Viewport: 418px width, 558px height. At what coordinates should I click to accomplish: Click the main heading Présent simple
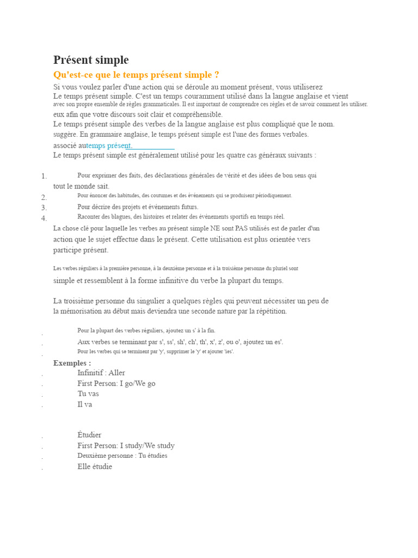point(91,60)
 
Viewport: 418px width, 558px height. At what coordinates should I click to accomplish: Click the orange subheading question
point(136,75)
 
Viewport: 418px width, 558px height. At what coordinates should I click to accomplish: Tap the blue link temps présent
point(109,145)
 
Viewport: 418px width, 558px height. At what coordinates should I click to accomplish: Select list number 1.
point(44,176)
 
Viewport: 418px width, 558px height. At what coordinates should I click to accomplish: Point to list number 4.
point(44,218)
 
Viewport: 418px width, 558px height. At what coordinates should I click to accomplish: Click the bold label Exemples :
point(72,363)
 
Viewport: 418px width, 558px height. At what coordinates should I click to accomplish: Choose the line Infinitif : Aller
point(101,373)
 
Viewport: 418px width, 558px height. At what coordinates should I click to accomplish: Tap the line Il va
point(85,404)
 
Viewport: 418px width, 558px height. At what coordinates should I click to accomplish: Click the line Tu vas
point(88,393)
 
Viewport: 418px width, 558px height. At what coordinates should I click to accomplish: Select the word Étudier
point(89,435)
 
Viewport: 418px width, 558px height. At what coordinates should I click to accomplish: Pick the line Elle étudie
point(95,466)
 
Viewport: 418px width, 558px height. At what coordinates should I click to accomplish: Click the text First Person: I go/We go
point(116,383)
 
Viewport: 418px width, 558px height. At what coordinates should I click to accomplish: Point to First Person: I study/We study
point(126,445)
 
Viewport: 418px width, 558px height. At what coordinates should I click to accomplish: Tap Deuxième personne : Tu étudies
point(122,456)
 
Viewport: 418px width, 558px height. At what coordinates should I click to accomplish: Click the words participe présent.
point(81,250)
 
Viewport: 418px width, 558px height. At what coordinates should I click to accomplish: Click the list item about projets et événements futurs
point(138,207)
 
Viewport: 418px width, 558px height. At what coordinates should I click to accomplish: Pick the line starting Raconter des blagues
point(181,217)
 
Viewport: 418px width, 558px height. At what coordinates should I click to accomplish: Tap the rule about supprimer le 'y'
point(156,351)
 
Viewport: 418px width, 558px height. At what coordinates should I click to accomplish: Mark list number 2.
point(44,197)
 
